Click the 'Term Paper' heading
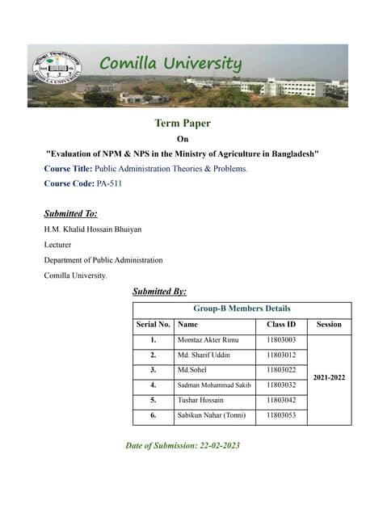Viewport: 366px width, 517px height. tap(182, 124)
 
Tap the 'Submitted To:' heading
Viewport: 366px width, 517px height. tap(70, 214)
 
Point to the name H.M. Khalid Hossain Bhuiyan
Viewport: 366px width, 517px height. tap(92, 229)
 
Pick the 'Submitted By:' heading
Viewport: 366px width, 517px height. tap(159, 291)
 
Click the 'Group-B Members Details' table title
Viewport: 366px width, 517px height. tap(242, 309)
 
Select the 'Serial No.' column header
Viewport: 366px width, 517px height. tap(153, 325)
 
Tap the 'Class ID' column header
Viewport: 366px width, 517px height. tap(280, 325)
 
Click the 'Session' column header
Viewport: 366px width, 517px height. tap(329, 325)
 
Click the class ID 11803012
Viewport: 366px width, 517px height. tap(280, 355)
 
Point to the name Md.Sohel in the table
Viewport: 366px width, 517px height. tap(191, 370)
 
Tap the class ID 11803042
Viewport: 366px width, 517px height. tap(280, 400)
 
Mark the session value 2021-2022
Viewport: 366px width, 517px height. tap(329, 377)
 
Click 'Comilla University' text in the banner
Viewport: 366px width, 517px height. tap(170, 63)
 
